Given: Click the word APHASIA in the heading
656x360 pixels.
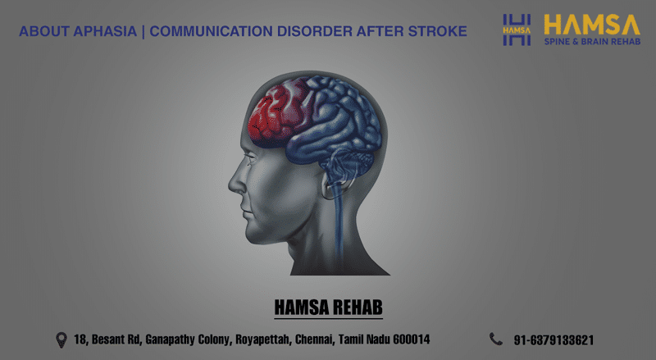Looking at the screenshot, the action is [x=105, y=31].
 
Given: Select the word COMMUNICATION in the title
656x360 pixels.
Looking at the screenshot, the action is [x=212, y=31].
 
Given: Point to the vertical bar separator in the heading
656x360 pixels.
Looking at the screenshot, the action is [x=143, y=32].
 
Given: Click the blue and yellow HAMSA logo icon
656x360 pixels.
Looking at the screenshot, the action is [x=517, y=30].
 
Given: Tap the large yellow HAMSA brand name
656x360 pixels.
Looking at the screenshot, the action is [x=592, y=25].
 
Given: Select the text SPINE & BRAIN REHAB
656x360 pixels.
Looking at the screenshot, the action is [x=592, y=42].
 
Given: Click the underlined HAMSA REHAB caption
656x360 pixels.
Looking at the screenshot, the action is [x=329, y=308].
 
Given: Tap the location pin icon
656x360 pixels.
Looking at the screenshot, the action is [x=61, y=339].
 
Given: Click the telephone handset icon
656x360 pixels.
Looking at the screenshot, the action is [x=496, y=339].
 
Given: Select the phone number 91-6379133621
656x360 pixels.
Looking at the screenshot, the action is [x=553, y=340].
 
